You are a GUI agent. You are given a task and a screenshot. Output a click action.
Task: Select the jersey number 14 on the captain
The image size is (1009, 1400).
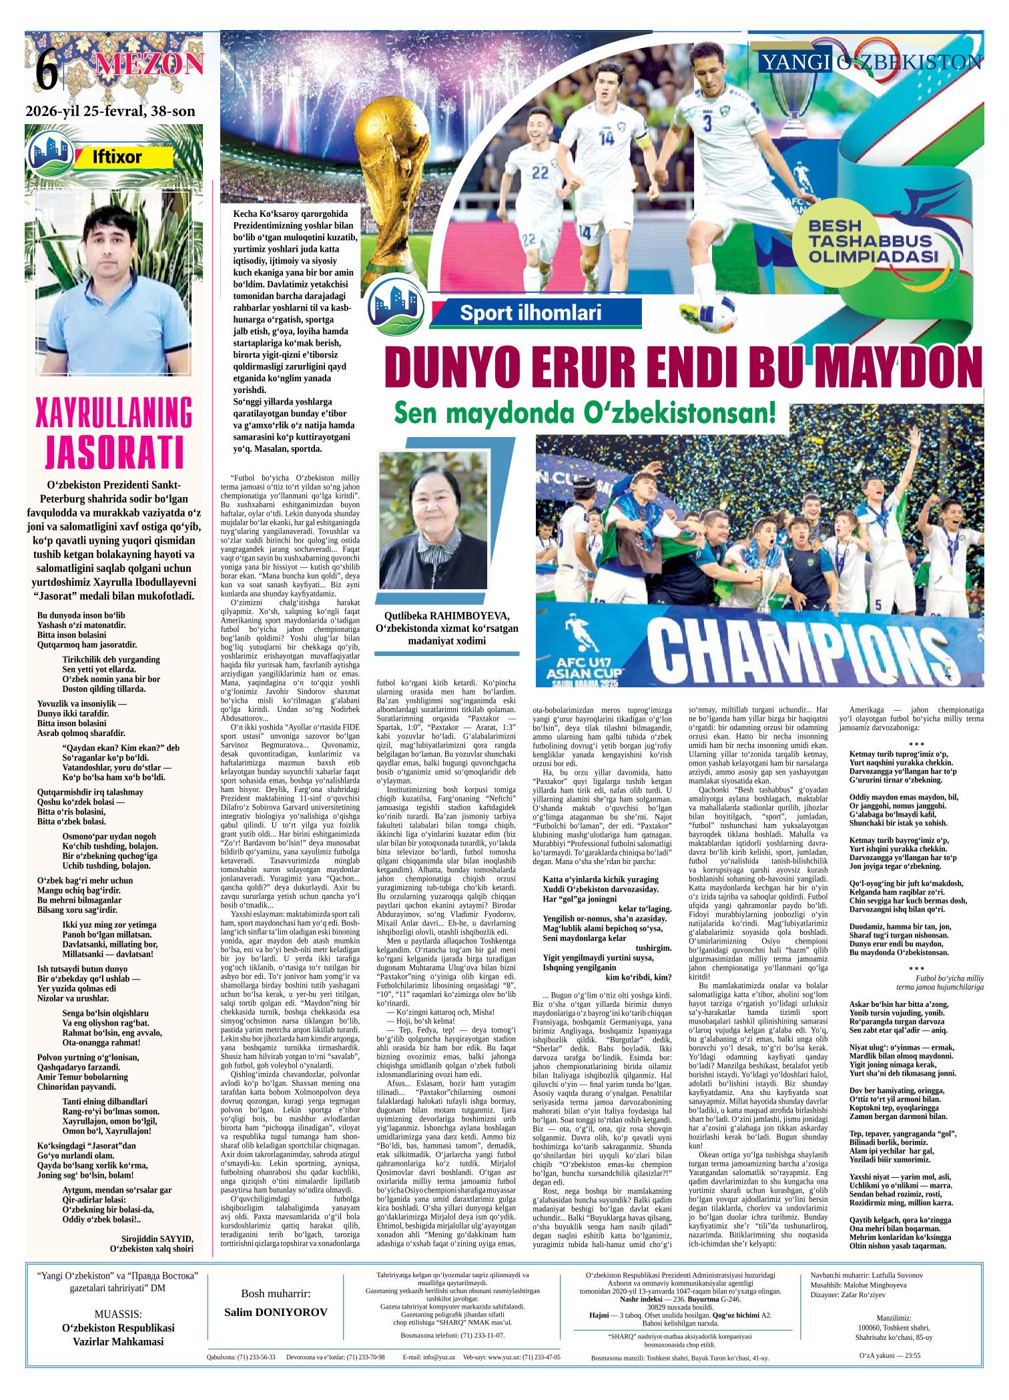point(607,137)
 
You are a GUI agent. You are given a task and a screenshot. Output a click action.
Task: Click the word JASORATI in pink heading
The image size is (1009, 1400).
point(114,451)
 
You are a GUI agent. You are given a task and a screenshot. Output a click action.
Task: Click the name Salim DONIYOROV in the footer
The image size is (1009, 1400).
point(276,1313)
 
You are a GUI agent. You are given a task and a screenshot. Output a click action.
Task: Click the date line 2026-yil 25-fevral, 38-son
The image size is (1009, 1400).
point(110,111)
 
